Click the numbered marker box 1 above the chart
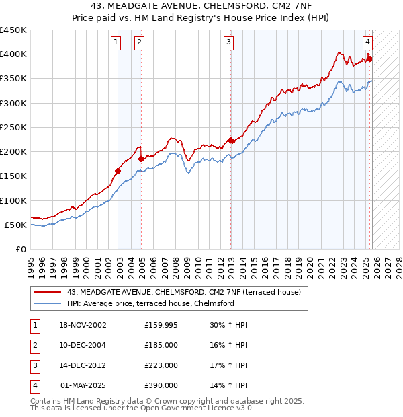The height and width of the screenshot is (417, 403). [116, 42]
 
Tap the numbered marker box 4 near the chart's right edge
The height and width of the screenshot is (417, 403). [368, 42]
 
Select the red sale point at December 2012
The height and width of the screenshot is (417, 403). [230, 141]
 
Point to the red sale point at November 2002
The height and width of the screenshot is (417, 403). [118, 171]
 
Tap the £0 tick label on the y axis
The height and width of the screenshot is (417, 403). [20, 249]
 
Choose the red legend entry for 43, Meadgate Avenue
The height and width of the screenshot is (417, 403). [187, 292]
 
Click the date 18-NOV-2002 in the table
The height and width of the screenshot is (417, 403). [82, 325]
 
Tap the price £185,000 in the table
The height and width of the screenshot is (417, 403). [161, 345]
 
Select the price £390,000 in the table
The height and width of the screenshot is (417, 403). [161, 385]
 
